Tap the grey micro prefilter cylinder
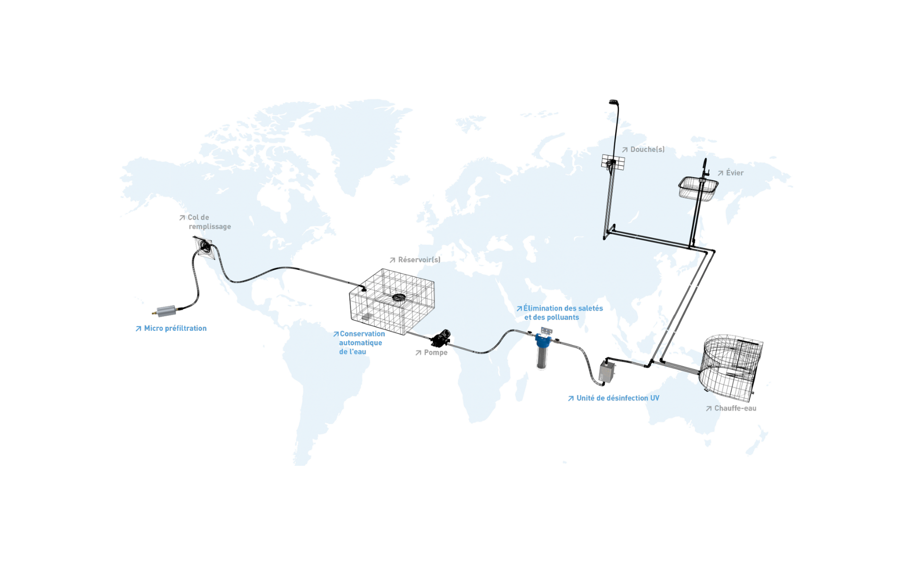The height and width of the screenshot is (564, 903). tap(166, 311)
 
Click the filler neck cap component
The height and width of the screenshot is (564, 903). tap(205, 246)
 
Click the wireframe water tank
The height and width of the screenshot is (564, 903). tap(392, 301)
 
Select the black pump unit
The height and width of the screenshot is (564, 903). tap(441, 337)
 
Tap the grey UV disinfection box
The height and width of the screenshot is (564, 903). tap(607, 371)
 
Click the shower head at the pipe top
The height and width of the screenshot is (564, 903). tap(613, 102)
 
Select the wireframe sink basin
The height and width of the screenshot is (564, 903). tap(697, 188)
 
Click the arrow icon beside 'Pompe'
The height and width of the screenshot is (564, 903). tap(418, 353)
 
